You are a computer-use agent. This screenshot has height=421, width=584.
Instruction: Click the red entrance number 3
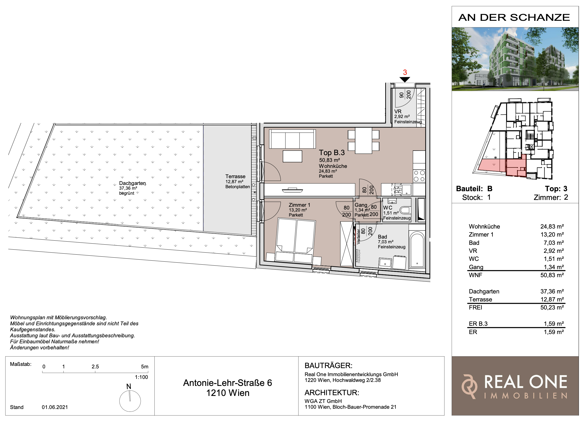coord(405,73)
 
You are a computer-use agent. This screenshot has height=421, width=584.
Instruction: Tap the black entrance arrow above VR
coord(405,80)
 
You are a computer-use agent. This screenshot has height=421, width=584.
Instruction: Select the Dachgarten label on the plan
coord(132,183)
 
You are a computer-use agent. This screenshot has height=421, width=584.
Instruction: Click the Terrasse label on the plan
coord(235,177)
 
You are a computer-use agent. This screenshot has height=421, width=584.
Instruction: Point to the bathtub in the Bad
coord(417,249)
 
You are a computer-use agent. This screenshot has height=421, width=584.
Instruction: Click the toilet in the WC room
coord(405,210)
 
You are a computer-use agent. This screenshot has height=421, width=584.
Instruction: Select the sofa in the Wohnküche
coord(292,139)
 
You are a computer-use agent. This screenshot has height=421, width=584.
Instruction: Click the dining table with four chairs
coord(363,141)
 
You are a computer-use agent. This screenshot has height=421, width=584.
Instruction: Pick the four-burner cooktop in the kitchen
coord(419,176)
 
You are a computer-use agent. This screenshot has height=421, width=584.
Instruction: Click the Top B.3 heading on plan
coord(332,153)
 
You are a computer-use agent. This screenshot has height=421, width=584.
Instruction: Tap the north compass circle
coord(130,401)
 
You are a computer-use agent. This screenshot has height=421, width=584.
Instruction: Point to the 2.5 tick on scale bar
coord(95,372)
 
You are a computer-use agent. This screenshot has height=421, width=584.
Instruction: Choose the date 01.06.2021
coord(55,407)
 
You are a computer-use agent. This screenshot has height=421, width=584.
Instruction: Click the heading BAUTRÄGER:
coord(328,365)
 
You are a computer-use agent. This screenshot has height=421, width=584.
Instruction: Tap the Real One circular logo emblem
coord(469,386)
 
